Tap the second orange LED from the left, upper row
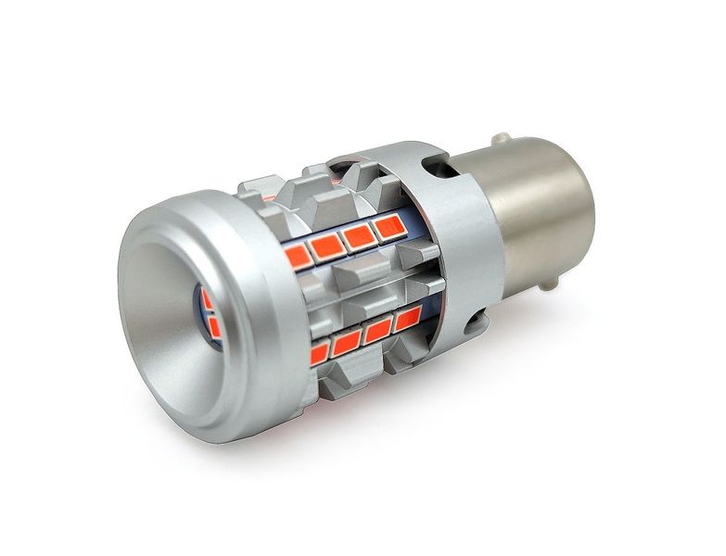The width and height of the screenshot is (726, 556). tap(327, 246)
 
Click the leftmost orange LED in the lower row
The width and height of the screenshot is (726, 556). tap(320, 353)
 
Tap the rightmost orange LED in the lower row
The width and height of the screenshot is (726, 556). tap(406, 322)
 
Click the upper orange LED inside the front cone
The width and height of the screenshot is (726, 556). tap(206, 299)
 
